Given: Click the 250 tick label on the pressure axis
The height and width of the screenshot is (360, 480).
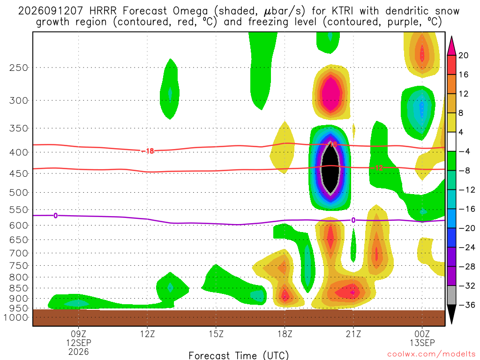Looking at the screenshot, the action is click(x=19, y=67).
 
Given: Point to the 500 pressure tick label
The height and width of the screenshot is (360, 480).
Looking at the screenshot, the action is click(x=19, y=193).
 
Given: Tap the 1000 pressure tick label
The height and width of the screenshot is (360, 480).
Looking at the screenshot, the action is click(x=16, y=317).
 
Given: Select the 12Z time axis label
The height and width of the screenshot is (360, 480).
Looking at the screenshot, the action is click(x=147, y=334).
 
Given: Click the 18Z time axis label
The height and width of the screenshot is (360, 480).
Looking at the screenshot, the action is click(x=285, y=334).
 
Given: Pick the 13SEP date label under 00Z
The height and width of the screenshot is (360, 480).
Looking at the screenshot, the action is click(x=422, y=343).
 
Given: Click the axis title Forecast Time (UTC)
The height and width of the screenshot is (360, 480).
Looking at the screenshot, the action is click(x=239, y=355).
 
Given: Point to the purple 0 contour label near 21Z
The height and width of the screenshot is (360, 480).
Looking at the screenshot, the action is click(x=353, y=220).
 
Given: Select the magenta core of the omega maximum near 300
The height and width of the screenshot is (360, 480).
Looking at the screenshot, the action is click(x=330, y=94).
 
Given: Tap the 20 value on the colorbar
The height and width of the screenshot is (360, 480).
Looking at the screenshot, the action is click(x=463, y=55).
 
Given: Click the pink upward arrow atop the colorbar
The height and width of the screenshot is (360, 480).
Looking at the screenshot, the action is click(x=451, y=46).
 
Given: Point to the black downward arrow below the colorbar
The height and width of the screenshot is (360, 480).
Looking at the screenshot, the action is click(x=451, y=314).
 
